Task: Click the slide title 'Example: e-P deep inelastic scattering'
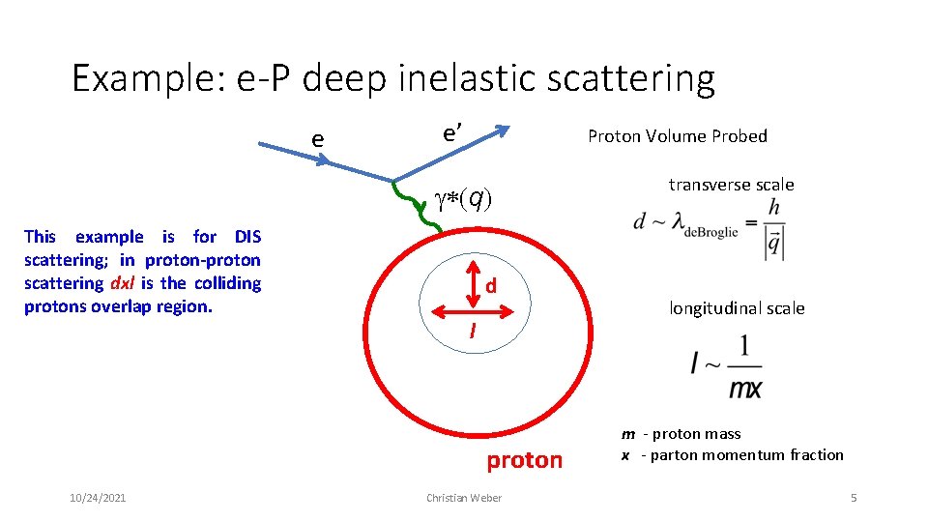(x=392, y=78)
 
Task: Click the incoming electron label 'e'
(x=317, y=139)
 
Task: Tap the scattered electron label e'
(x=451, y=132)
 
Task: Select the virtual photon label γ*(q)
(x=462, y=199)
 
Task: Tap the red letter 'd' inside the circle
(x=491, y=286)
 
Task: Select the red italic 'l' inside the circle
(x=472, y=332)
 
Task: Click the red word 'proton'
(x=524, y=460)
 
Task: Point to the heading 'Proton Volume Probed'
(x=677, y=136)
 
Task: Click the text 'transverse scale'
(x=731, y=185)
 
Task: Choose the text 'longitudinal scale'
(x=737, y=308)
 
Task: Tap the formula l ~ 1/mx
(x=727, y=368)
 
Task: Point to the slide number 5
(x=854, y=497)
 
